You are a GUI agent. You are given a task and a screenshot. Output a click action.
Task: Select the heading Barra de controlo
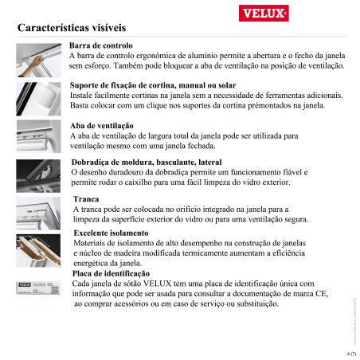pos(101,47)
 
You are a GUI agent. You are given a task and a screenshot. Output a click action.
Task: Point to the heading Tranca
pos(86,198)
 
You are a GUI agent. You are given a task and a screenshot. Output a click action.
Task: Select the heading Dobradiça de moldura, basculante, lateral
pos(135,162)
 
